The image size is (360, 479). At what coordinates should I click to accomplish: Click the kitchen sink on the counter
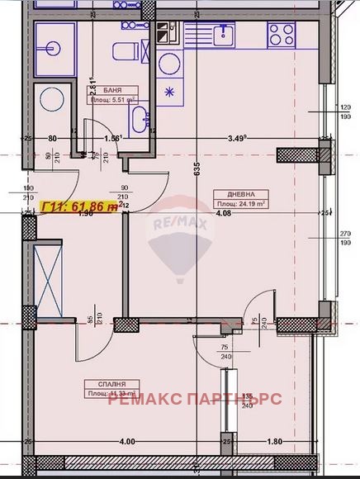click(221, 35)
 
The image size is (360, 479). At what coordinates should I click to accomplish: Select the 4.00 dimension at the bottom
click(126, 442)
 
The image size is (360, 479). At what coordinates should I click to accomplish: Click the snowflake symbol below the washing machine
click(171, 92)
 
